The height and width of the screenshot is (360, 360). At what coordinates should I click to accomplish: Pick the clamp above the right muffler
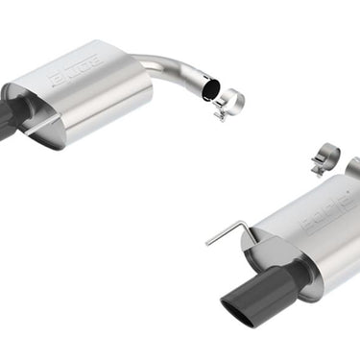(x=326, y=156)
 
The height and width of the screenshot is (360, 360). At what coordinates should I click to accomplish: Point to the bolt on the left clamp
(x=220, y=116)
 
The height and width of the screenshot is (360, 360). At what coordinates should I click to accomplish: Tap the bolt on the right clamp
(x=316, y=171)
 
